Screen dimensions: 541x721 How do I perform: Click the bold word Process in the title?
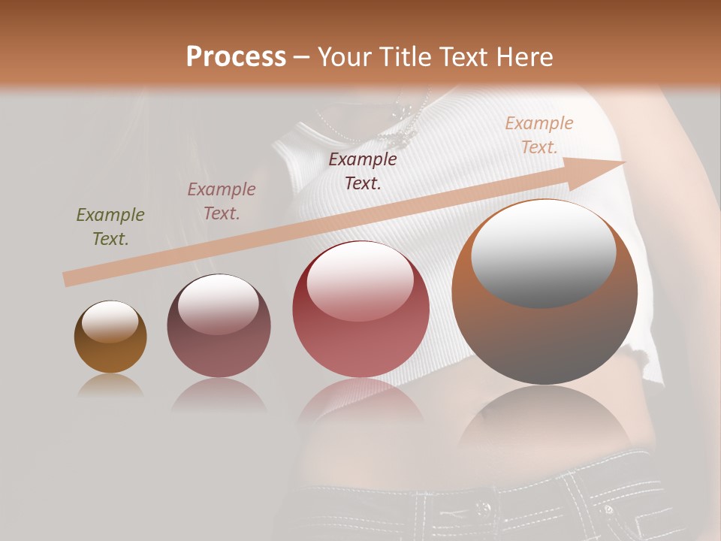point(236,57)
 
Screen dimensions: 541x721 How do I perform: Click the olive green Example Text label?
point(110,227)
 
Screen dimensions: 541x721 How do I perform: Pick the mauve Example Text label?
point(222,201)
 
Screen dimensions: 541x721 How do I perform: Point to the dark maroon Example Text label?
point(363,171)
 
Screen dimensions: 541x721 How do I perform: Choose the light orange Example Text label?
point(538,135)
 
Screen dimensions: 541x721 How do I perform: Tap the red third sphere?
point(360,331)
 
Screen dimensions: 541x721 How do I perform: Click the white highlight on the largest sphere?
point(543,252)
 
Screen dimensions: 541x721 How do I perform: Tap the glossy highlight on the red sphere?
point(360,282)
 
